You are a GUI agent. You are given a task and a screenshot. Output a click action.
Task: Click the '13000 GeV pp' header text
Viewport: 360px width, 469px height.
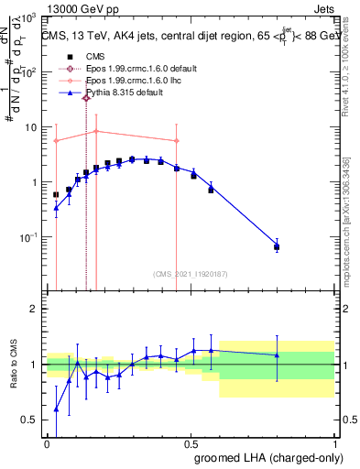click(80, 6)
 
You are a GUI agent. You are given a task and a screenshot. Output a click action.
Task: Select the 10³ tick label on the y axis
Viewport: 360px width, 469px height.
click(28, 18)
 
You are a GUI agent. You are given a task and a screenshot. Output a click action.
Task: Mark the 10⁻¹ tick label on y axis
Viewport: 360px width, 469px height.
click(28, 237)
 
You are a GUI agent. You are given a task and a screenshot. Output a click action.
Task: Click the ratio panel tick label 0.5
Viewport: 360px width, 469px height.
click(30, 420)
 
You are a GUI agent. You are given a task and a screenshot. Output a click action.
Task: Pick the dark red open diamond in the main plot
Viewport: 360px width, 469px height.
click(86, 98)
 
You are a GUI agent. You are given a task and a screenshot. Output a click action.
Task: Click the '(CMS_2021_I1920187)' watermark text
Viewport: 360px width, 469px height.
click(191, 274)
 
